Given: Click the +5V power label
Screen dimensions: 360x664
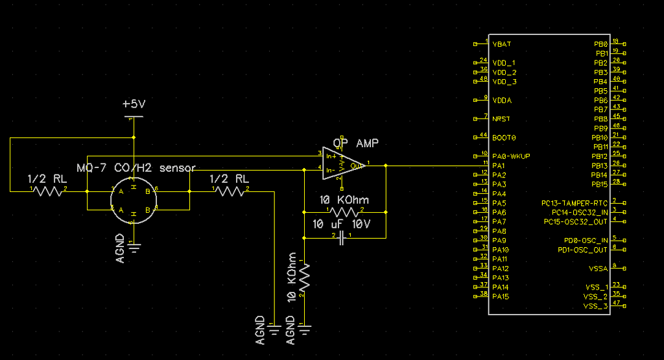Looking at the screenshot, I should (134, 104).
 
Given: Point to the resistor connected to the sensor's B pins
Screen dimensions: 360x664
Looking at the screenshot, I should (229, 191).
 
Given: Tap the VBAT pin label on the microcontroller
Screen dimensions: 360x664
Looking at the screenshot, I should (502, 44).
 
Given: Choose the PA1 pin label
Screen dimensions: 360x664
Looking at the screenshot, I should (499, 166).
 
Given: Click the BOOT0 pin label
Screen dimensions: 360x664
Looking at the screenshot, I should (504, 138).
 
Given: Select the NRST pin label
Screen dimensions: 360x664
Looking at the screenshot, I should (501, 119).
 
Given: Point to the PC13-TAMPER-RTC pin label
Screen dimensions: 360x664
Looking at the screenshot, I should (575, 203).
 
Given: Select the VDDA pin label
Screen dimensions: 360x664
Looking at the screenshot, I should (502, 101).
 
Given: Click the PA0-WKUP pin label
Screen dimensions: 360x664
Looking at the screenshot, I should (512, 157).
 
